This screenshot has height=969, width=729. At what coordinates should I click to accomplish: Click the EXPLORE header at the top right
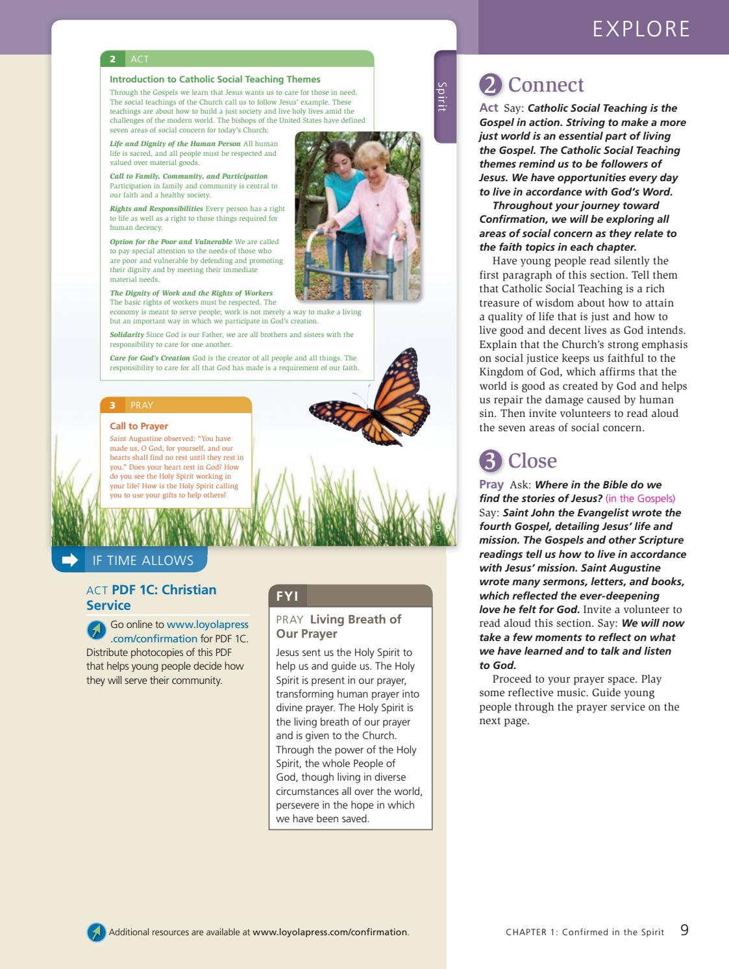(x=641, y=29)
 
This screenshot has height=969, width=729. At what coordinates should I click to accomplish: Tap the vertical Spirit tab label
(x=442, y=97)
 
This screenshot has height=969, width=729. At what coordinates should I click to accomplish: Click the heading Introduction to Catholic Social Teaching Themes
(x=215, y=79)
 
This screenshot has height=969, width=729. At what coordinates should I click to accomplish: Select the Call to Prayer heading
(x=139, y=426)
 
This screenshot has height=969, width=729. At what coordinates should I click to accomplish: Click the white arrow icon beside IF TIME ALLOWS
(x=69, y=560)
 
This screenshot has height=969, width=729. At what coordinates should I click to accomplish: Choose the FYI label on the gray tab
(x=288, y=596)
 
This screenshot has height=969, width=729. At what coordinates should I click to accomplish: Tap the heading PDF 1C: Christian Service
(x=151, y=597)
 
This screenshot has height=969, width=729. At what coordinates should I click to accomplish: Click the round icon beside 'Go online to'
(x=96, y=629)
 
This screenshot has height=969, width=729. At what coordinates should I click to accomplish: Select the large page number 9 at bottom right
(x=684, y=930)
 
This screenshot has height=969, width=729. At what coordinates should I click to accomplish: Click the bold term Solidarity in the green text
(x=127, y=334)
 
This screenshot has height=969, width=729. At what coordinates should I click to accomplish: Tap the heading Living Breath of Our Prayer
(x=339, y=626)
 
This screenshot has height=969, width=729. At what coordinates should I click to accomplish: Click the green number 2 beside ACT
(x=113, y=59)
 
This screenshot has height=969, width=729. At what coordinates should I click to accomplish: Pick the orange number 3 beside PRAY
(x=112, y=405)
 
